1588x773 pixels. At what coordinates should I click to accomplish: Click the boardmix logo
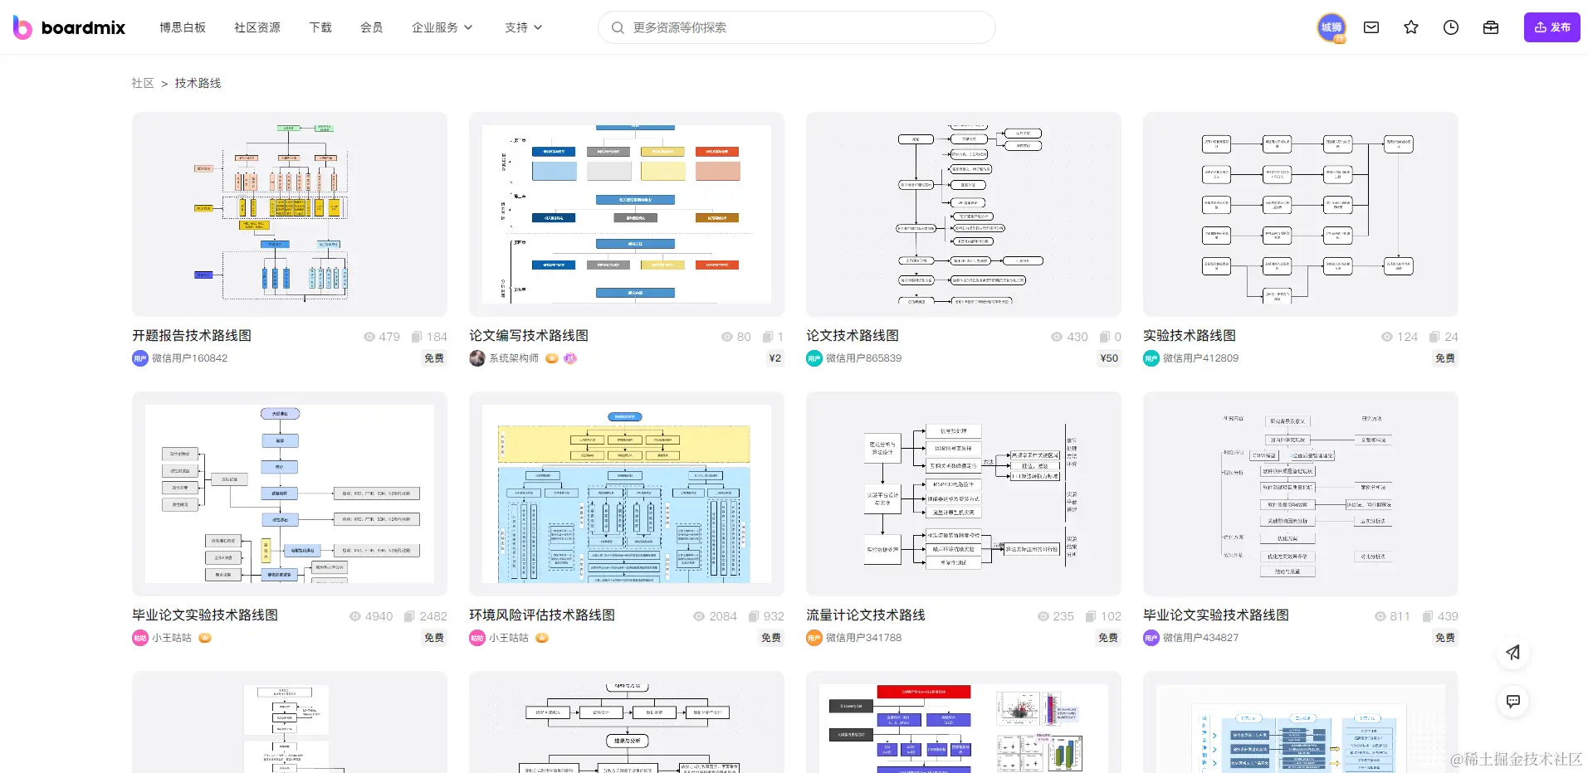[70, 27]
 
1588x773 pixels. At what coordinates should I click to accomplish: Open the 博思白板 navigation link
[183, 27]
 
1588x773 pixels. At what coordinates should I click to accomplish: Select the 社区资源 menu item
[257, 27]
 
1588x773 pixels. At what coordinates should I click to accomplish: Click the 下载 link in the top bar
[320, 27]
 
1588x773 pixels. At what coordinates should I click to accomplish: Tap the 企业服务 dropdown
[442, 27]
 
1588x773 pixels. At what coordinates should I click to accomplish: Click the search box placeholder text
[679, 27]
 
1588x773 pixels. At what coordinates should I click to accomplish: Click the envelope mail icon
[1371, 27]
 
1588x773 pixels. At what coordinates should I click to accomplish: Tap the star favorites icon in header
[1411, 27]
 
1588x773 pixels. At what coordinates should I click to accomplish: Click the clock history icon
[1451, 27]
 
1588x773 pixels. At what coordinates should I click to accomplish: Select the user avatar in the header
[1331, 27]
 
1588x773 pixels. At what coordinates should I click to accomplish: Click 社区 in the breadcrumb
[143, 83]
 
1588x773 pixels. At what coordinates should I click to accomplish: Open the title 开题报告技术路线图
[192, 336]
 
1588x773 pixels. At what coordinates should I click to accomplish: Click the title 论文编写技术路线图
[529, 336]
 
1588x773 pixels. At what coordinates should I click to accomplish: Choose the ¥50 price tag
[1108, 358]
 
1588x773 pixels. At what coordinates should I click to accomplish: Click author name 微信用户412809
[1200, 358]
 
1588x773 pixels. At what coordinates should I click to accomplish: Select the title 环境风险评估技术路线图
[542, 615]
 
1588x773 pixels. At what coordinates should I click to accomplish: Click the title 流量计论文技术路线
[866, 615]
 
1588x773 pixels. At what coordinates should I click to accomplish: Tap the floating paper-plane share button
[1513, 653]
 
